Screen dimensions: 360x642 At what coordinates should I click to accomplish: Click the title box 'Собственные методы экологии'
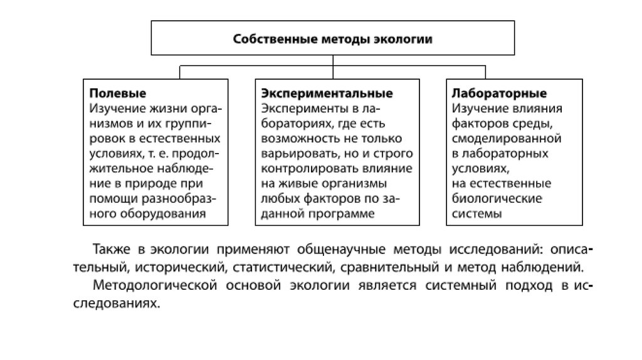pyautogui.click(x=332, y=40)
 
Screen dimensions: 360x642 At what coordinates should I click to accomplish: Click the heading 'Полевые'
pyautogui.click(x=117, y=93)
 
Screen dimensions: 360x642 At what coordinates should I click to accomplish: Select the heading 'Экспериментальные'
pyautogui.click(x=327, y=93)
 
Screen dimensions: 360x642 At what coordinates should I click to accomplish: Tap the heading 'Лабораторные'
pyautogui.click(x=499, y=93)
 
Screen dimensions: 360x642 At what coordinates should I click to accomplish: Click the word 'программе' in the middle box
pyautogui.click(x=343, y=214)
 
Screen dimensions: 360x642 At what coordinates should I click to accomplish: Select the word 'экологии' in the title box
pyautogui.click(x=406, y=40)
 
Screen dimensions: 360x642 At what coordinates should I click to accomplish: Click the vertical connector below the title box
pyautogui.click(x=332, y=61)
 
